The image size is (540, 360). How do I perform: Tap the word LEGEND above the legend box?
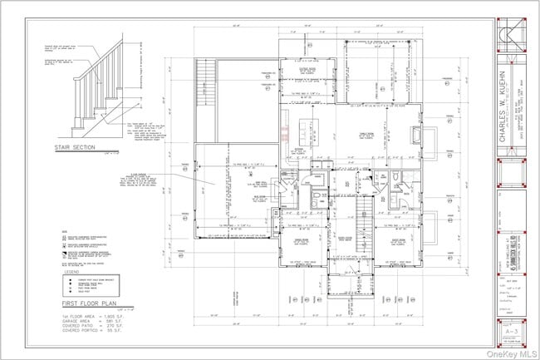pyautogui.click(x=73, y=271)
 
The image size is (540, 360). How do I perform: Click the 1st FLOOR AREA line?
pyautogui.click(x=91, y=318)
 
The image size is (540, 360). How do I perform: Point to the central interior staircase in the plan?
pyautogui.click(x=364, y=208)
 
